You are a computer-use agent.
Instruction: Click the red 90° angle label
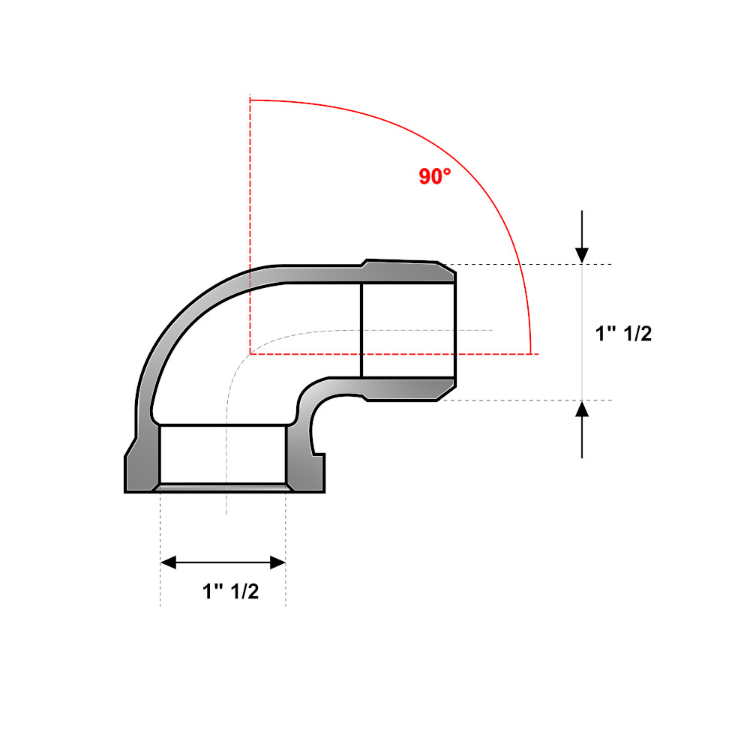[x=435, y=177]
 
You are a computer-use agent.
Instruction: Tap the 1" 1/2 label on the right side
[x=623, y=334]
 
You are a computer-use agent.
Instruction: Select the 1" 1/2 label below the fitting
[x=230, y=591]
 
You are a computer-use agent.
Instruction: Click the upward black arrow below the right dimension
[x=583, y=427]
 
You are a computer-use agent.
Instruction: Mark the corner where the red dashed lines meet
[x=250, y=353]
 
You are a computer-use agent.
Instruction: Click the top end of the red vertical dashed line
[x=250, y=99]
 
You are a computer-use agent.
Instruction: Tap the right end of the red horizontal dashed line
[x=537, y=353]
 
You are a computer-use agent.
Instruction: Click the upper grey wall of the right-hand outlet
[x=405, y=272]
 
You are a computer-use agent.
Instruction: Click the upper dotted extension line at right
[x=525, y=264]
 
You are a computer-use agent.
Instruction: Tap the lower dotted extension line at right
[x=525, y=400]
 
